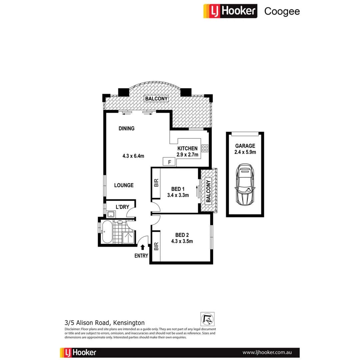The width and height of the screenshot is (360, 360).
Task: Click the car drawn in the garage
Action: [x=245, y=185]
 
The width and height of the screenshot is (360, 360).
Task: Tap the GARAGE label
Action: [x=245, y=146]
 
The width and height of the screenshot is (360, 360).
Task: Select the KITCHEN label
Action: [x=187, y=148]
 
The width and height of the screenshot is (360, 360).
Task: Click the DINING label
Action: [x=126, y=128]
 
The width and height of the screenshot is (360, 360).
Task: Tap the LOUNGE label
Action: [x=124, y=185]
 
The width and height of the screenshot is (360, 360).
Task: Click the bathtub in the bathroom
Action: [x=107, y=232]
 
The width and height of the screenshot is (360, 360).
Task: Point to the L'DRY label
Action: [x=122, y=207]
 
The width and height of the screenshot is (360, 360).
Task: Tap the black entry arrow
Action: [x=143, y=247]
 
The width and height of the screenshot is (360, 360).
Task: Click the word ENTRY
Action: [x=141, y=256]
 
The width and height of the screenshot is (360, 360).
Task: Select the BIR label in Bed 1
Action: [x=156, y=183]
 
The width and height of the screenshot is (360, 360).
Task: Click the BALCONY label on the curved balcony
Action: [x=156, y=99]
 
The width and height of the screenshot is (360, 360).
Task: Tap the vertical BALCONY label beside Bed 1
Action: [x=208, y=192]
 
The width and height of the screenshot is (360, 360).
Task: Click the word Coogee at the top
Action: [x=282, y=11]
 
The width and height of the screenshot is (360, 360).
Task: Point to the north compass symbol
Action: [x=207, y=319]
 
